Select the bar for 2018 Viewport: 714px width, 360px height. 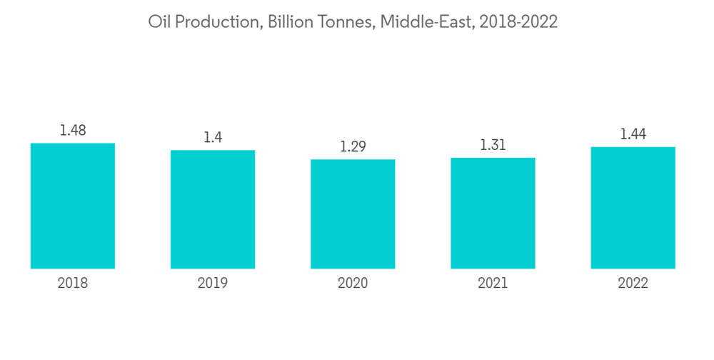coord(73,206)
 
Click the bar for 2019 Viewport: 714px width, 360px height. coord(213,209)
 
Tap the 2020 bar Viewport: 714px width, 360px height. coord(353,214)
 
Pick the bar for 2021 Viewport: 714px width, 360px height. coord(493,213)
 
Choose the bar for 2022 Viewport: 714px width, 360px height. coord(633,208)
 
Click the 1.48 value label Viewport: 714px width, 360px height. coord(73,130)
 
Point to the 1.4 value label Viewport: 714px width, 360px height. coord(213,137)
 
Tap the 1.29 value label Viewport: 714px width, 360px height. coord(353,146)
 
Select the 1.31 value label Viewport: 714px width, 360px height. coord(493,145)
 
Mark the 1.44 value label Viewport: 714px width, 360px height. coord(633,134)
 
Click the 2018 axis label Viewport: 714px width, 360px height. coord(73,284)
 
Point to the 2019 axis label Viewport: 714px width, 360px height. coord(213,284)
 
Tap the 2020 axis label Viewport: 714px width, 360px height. coord(353,284)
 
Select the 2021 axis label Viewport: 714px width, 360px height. coord(493,284)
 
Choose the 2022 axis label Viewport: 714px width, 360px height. coord(633,284)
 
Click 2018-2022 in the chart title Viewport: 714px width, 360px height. coord(518,22)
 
